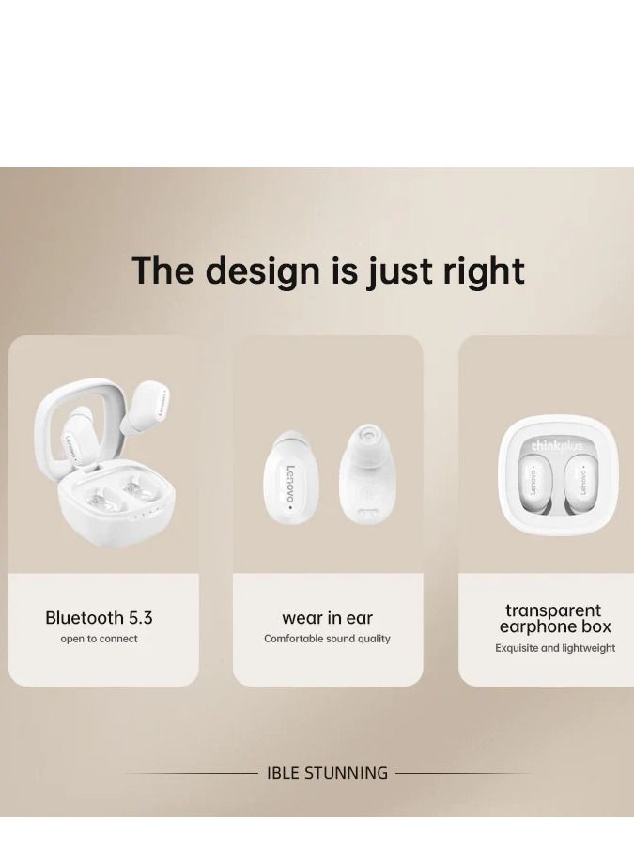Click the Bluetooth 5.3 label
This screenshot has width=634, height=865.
(99, 618)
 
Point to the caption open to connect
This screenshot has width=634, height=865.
(99, 639)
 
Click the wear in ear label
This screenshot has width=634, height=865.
(328, 618)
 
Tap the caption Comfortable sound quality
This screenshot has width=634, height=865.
(327, 639)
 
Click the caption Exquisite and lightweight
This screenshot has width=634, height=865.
(555, 648)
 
